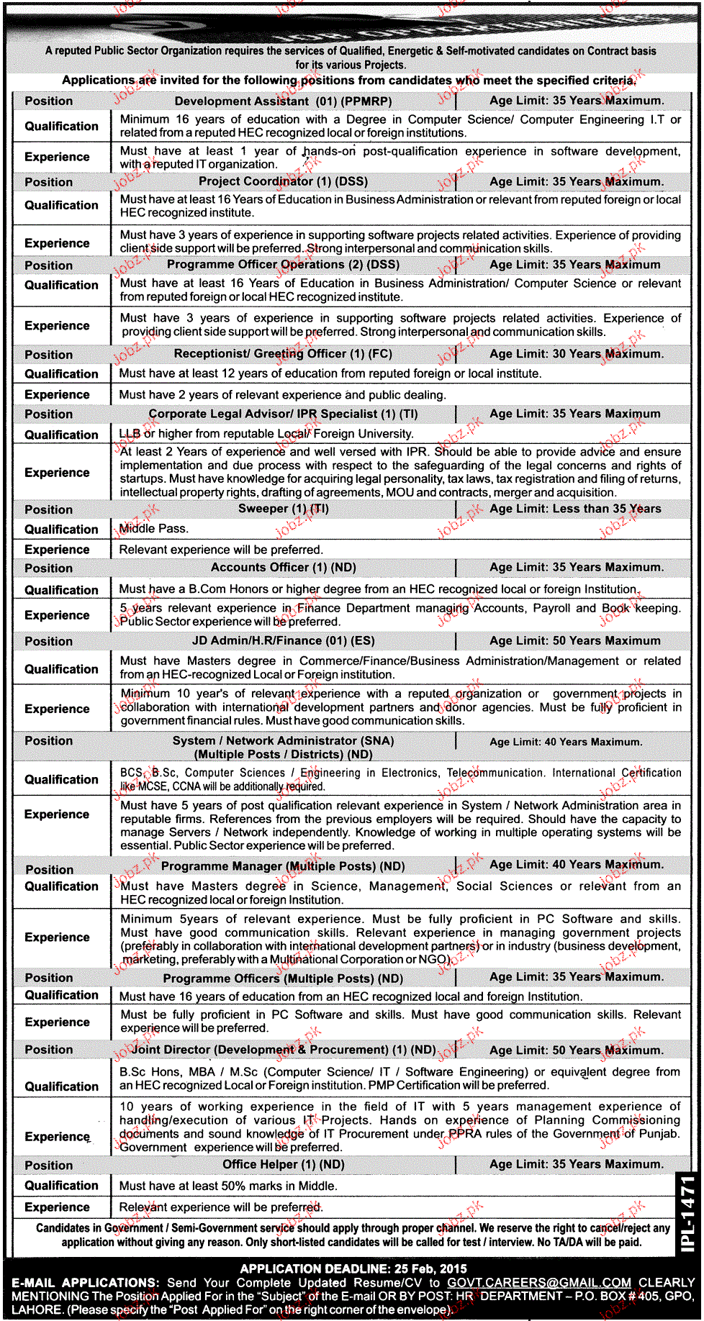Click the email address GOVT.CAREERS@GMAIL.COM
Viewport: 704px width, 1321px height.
coord(538,1282)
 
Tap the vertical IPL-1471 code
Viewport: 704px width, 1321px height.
coord(687,1213)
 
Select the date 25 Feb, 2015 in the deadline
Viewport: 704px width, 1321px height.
coord(432,1268)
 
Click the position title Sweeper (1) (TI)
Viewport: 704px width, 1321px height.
coord(283,509)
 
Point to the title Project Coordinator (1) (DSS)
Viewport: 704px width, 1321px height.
coord(283,181)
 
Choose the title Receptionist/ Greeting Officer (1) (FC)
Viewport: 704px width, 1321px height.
coord(283,354)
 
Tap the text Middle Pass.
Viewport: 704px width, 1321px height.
coord(154,529)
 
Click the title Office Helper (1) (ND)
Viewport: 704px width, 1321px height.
coord(283,1164)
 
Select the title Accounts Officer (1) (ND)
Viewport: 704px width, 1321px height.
coord(283,568)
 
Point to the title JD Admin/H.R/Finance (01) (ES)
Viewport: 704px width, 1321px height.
coord(283,641)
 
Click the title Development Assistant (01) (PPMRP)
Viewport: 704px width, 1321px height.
coord(283,101)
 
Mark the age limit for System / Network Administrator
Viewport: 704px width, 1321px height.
coord(566,742)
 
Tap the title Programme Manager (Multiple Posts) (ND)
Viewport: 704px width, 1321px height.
coord(283,866)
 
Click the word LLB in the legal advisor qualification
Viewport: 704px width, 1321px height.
coord(130,434)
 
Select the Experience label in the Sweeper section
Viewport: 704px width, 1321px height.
coord(57,550)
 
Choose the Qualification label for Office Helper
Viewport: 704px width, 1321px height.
coord(61,1186)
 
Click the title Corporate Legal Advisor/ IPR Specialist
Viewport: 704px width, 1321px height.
coord(283,414)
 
